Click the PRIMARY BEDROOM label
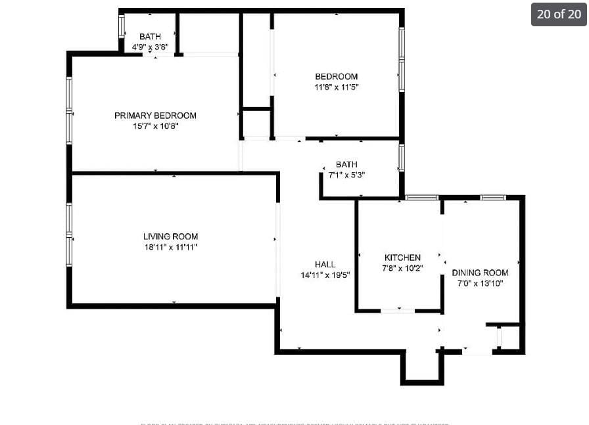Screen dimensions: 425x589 [155, 116]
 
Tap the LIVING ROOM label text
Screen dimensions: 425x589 [170, 236]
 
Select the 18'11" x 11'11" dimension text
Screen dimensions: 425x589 [170, 247]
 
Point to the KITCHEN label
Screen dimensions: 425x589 [402, 257]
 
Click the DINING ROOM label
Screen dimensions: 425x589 [480, 273]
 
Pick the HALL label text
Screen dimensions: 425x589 [325, 265]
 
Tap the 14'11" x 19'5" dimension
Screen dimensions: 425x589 [325, 275]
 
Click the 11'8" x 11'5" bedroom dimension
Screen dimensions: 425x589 [336, 87]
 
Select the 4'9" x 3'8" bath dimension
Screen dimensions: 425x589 [150, 47]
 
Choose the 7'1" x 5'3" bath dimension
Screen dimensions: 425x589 [346, 175]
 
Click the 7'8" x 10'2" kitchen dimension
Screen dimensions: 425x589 [402, 268]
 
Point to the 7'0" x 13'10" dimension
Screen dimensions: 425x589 [480, 283]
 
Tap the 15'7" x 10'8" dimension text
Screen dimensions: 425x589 [155, 126]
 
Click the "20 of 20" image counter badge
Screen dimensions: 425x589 [559, 14]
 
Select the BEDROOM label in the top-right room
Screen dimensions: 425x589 [336, 77]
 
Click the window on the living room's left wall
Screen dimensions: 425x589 [69, 235]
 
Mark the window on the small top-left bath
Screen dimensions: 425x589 [121, 26]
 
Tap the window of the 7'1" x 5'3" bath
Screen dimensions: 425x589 [401, 158]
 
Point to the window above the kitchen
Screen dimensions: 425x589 [421, 197]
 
